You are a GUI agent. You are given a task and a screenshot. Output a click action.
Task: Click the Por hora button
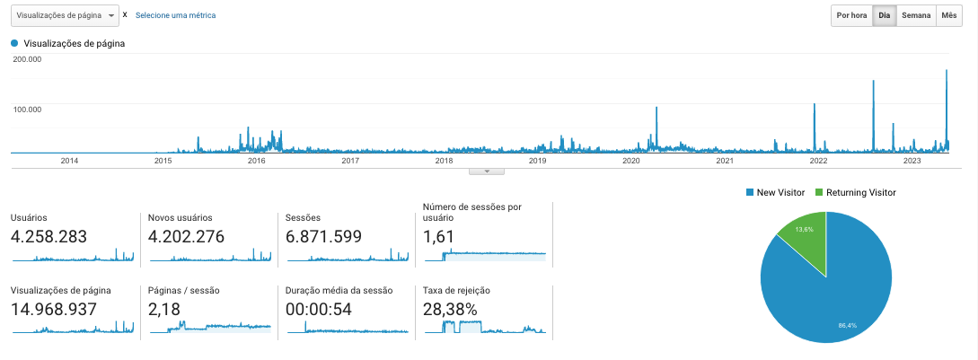851,15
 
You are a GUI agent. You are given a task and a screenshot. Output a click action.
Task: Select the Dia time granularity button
884,15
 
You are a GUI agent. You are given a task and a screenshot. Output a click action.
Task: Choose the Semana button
915,15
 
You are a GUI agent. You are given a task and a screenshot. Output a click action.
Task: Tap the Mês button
948,15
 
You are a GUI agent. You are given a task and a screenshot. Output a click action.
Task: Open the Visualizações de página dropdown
65,15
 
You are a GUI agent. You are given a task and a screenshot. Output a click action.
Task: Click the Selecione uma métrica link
175,15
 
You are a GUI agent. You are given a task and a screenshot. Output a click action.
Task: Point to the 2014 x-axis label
69,161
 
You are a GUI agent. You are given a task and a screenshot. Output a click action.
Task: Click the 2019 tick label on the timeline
537,161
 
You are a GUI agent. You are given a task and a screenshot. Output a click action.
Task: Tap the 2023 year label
912,161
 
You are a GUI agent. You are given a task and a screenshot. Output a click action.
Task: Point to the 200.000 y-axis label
28,59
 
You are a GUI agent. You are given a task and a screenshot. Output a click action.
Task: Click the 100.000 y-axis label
28,109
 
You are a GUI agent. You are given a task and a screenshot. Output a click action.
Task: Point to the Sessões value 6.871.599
323,237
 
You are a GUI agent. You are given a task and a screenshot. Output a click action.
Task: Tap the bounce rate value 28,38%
450,310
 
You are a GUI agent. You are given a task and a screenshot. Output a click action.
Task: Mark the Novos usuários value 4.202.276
186,237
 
